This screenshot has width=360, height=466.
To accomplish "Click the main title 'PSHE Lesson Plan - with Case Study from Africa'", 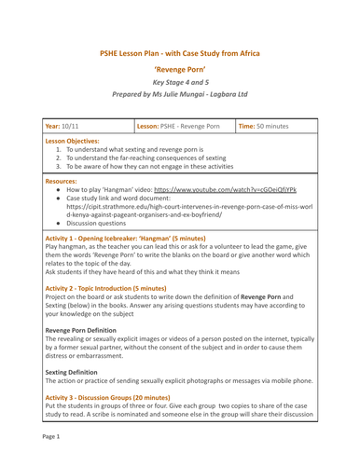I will [180, 54].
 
